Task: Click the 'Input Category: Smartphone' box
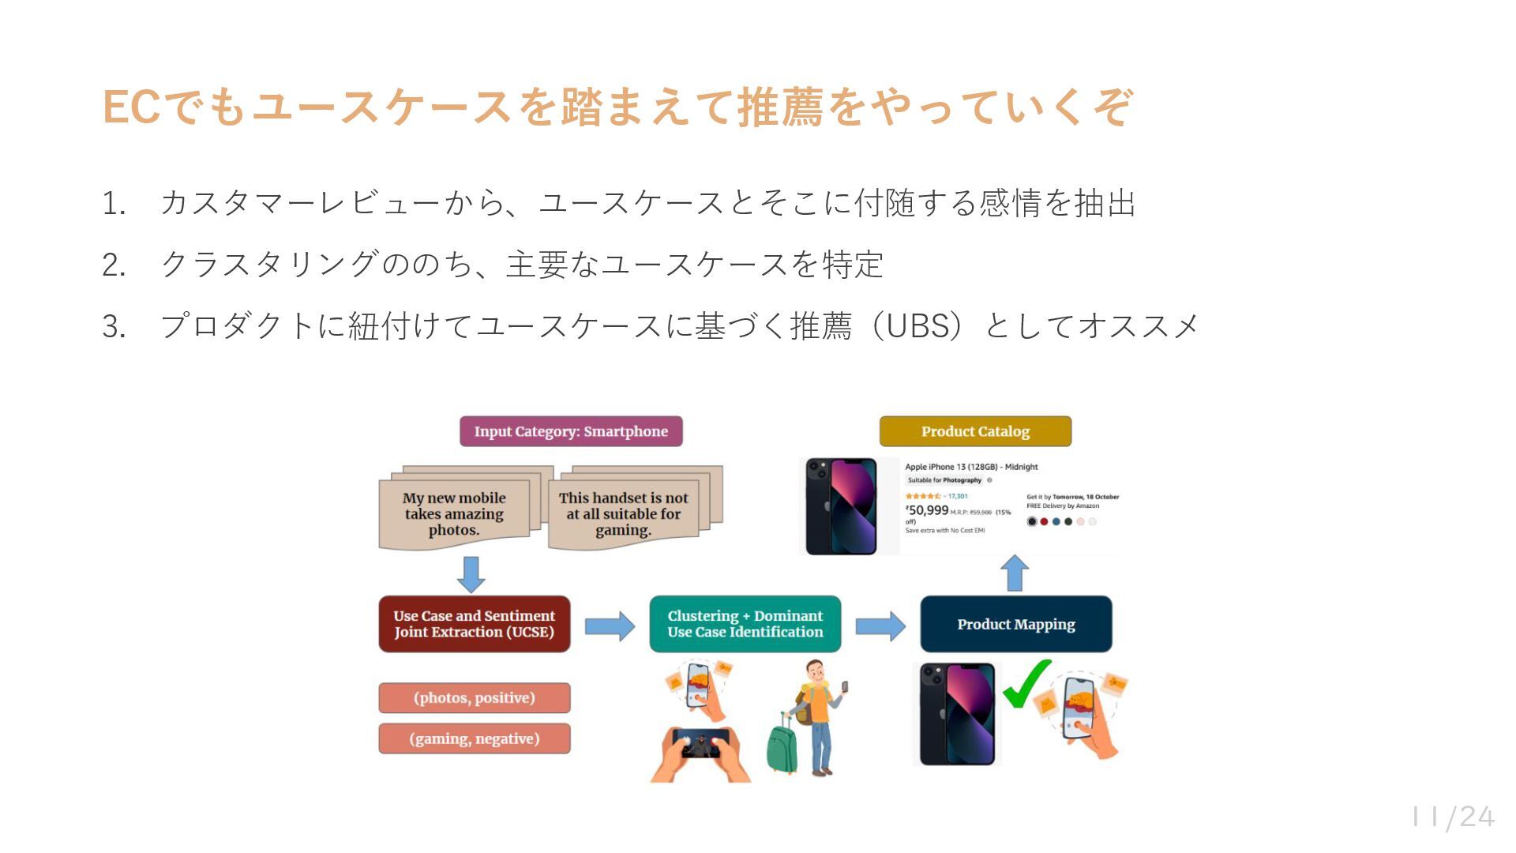[x=571, y=431]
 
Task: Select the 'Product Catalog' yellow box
[x=975, y=431]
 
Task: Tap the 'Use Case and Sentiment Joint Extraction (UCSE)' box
[x=474, y=624]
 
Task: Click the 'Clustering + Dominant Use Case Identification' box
[x=745, y=624]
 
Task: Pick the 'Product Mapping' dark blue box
[x=1015, y=624]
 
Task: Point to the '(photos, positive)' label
[x=474, y=698]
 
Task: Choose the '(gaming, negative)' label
[x=474, y=738]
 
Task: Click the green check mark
[x=1026, y=685]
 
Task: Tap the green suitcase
[x=782, y=745]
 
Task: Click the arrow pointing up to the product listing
[x=1015, y=573]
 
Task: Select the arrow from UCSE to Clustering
[x=610, y=626]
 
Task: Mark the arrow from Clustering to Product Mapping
[x=880, y=626]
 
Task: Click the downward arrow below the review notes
[x=471, y=574]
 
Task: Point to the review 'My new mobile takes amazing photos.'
[x=454, y=514]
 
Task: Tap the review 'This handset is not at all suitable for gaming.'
[x=623, y=514]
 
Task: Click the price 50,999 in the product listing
[x=928, y=510]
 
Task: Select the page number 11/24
[x=1453, y=817]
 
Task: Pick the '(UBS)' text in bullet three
[x=916, y=325]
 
